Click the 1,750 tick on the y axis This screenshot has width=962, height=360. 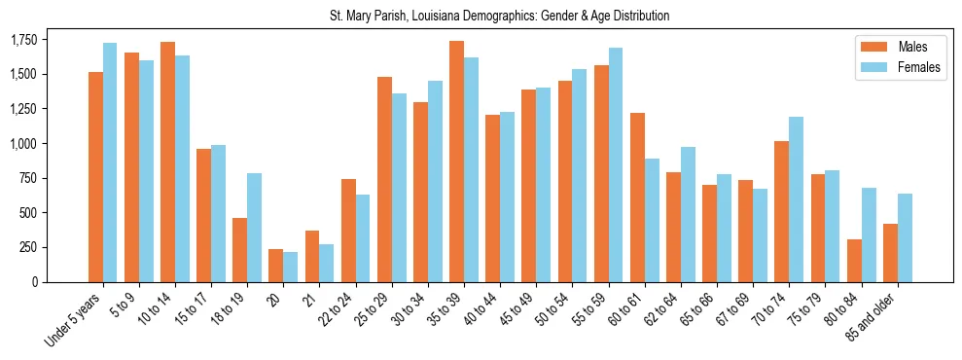24,40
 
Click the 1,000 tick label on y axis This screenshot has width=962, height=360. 24,144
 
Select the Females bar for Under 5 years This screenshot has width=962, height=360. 110,162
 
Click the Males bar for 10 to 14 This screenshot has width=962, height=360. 167,162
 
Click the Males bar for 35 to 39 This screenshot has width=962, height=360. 456,162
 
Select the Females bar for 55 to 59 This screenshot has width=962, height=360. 616,164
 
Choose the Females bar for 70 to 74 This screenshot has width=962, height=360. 797,199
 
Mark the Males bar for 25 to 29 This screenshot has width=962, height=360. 384,179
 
